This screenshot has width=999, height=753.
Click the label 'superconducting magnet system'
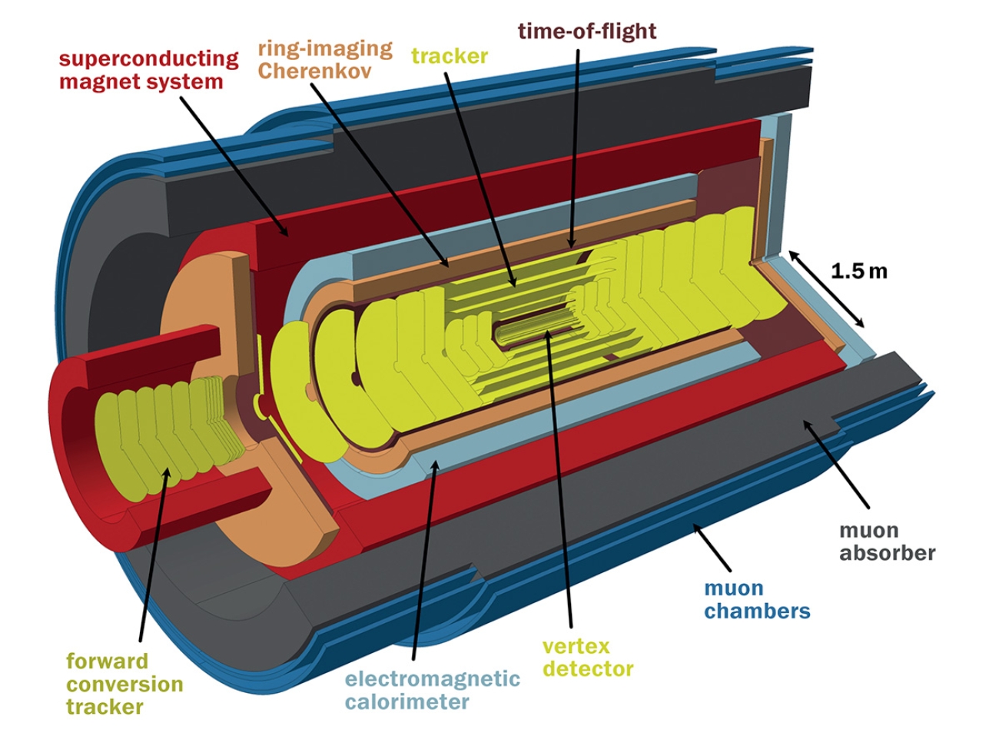148,70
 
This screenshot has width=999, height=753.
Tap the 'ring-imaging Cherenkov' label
324,59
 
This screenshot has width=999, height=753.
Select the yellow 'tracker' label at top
449,56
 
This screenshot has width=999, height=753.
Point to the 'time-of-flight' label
586,31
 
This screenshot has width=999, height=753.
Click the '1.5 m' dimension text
858,271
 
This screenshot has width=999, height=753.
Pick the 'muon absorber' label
887,541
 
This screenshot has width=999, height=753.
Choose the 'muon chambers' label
757,600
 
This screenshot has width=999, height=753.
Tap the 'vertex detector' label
587,657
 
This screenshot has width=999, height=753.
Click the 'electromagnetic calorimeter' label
432,690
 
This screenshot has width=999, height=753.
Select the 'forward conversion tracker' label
124,684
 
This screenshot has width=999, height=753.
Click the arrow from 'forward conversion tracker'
153,554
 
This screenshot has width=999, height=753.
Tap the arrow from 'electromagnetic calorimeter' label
424,554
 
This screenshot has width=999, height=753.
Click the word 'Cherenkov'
314,71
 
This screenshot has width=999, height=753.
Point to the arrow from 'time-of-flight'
575,146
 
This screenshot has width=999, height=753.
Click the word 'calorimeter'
407,701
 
